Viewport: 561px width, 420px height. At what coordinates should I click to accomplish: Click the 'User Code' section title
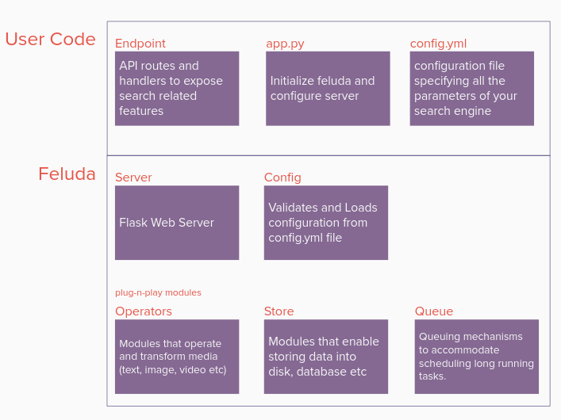(x=51, y=39)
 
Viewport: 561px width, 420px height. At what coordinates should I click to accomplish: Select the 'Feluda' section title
(x=67, y=174)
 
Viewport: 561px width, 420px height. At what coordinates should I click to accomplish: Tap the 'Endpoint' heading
(x=140, y=44)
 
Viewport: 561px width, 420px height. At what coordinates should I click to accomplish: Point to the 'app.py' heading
(x=285, y=44)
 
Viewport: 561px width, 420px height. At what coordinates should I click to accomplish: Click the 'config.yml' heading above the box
(x=438, y=44)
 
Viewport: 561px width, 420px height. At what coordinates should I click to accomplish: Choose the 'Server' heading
(x=133, y=178)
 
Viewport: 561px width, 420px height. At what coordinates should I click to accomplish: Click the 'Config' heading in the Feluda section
(x=282, y=178)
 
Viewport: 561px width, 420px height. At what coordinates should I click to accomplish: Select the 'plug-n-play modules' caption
(x=158, y=292)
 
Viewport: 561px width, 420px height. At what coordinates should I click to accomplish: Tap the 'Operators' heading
(x=144, y=311)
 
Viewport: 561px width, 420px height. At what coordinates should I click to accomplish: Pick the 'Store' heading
(x=279, y=311)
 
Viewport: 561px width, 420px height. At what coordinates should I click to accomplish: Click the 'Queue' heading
(x=434, y=311)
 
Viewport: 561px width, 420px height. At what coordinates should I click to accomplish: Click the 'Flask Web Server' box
(x=177, y=223)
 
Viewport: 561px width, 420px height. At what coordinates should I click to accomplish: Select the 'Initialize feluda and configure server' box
(x=328, y=88)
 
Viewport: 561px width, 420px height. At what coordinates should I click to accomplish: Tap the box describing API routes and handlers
(x=177, y=88)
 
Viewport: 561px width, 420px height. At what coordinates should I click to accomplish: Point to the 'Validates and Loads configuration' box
(x=326, y=223)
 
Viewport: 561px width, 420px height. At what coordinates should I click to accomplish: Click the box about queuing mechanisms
(x=477, y=357)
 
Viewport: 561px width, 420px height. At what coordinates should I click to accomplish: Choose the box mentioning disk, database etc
(x=326, y=357)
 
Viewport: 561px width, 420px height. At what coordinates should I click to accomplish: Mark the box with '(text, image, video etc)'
(x=177, y=357)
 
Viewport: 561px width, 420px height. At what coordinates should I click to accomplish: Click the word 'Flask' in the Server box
(x=133, y=223)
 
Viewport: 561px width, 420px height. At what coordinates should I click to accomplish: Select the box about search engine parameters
(x=472, y=88)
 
